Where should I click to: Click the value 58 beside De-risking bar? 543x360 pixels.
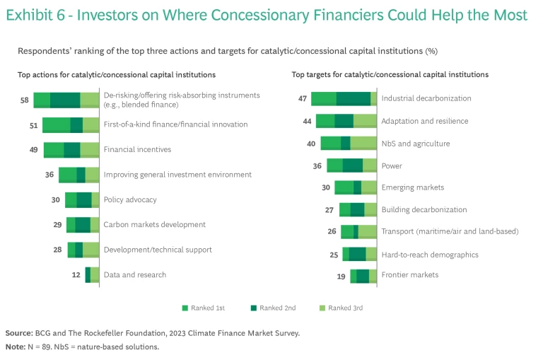pos(24,100)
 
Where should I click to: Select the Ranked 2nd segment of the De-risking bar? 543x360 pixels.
pos(65,100)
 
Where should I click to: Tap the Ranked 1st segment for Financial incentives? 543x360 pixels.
pos(53,150)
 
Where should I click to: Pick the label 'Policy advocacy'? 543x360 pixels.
pos(130,199)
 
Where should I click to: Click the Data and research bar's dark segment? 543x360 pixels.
pos(88,275)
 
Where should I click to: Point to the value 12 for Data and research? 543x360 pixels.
pos(76,275)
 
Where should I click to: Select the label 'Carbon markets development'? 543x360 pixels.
pos(154,225)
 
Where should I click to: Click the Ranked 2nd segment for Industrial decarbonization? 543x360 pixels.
pos(353,99)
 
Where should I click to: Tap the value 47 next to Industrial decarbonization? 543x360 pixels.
pos(303,99)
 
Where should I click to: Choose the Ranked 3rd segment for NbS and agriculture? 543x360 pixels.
pos(363,144)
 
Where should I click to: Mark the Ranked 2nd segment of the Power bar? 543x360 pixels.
pos(352,166)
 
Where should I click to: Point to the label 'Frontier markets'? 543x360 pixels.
pos(409,274)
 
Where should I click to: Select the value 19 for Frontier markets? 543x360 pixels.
pos(341,276)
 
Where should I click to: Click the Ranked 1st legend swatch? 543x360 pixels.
pos(185,308)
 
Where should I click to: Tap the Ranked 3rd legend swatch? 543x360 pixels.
pos(322,308)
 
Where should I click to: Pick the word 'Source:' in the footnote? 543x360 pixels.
pos(19,332)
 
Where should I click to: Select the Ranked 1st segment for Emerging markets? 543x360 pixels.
pos(344,187)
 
